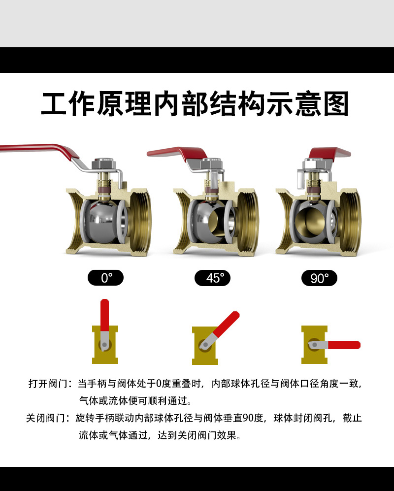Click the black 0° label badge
click(105, 278)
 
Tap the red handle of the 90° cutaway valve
click(329, 153)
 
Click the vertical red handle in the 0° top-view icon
click(104, 316)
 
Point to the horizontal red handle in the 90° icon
click(344, 345)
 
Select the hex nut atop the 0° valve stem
click(104, 164)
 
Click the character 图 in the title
click(336, 103)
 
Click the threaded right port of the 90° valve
click(350, 221)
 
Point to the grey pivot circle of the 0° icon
click(104, 344)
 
